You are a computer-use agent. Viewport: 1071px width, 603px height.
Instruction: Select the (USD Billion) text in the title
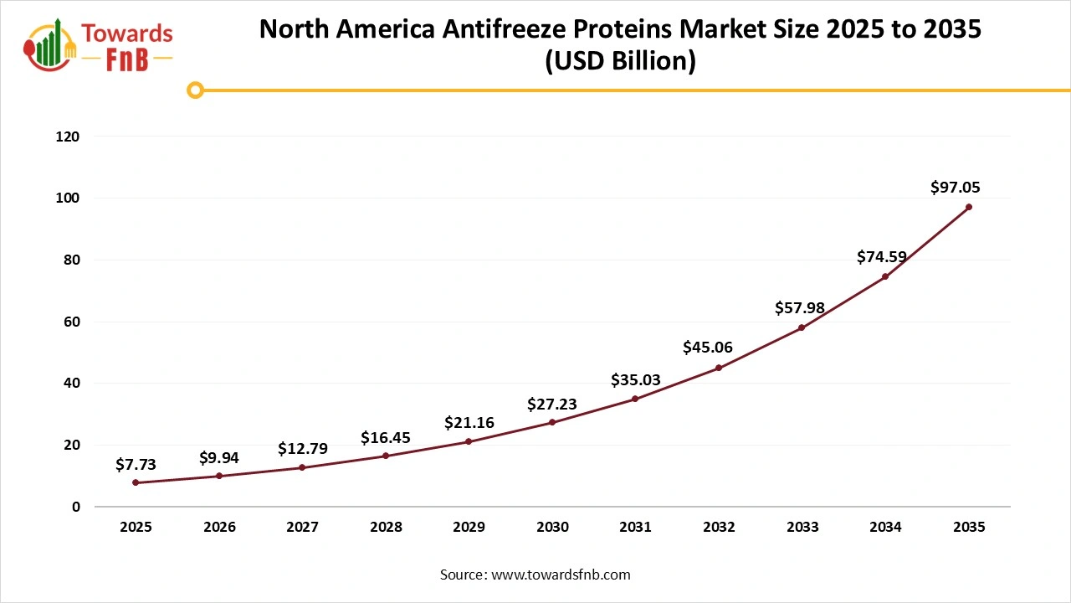pos(620,62)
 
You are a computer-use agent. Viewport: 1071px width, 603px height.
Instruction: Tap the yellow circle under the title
pos(195,90)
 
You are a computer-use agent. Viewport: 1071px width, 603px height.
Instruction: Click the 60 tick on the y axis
pos(73,322)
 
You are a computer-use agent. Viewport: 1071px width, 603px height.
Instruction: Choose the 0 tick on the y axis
pos(75,507)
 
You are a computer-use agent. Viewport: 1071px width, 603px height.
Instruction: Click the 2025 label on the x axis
pos(136,528)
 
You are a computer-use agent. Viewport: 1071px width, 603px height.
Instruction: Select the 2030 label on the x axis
pos(552,528)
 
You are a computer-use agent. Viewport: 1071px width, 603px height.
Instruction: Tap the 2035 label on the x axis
pos(969,528)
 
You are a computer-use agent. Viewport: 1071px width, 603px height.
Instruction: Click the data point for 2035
pos(969,207)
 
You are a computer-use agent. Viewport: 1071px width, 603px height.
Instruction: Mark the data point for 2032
pos(719,368)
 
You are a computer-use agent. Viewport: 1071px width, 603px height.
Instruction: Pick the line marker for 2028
pos(386,456)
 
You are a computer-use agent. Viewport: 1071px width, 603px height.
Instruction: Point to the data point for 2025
pos(136,482)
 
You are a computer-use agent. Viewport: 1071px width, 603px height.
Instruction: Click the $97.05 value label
pos(955,188)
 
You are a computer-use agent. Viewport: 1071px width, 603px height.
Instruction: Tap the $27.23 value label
pos(552,405)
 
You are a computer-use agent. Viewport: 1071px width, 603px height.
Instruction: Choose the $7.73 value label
pos(136,464)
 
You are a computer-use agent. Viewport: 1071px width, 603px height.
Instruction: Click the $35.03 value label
pos(635,380)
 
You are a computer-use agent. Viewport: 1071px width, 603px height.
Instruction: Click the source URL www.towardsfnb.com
pos(560,575)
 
